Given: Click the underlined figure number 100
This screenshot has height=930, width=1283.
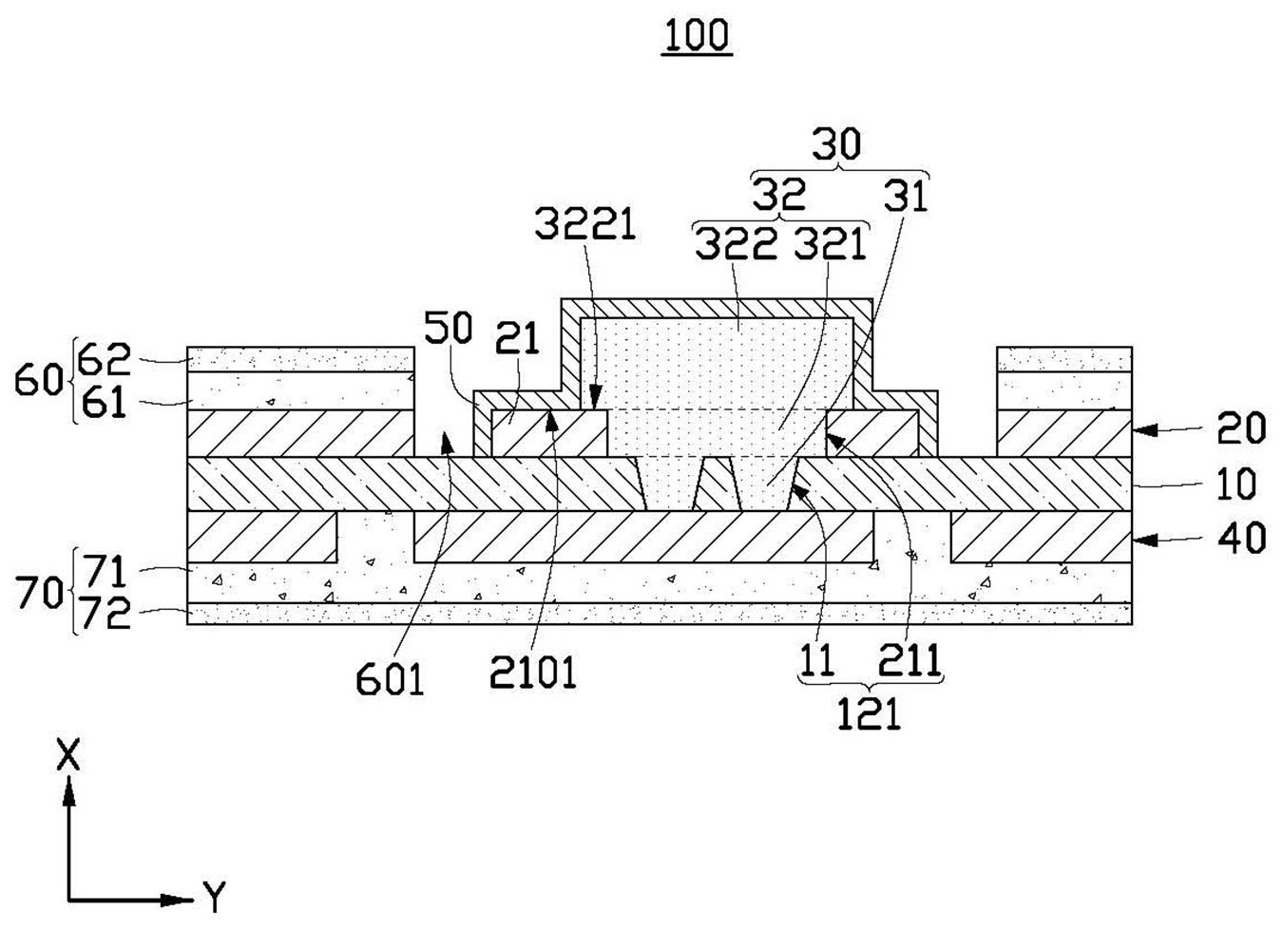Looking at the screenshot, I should tap(697, 35).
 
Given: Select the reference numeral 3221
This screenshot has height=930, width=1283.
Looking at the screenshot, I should tap(584, 225).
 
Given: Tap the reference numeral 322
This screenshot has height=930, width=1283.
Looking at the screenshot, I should tap(735, 245).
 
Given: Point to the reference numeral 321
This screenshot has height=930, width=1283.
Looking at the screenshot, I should tap(832, 245).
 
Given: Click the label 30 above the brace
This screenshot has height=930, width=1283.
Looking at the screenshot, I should tap(836, 144).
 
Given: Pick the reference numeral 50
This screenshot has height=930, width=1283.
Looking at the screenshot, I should tap(448, 328).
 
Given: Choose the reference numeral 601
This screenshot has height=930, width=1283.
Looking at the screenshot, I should tap(390, 679).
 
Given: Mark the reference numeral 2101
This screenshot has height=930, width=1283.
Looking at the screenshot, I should tap(532, 674).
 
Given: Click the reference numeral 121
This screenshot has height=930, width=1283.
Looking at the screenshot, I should tap(869, 714).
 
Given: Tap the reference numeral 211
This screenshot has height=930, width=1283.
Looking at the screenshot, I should tap(909, 659).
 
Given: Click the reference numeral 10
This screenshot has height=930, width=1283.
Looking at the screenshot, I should tap(1235, 484).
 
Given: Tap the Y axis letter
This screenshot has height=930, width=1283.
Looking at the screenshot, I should tap(214, 896).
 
